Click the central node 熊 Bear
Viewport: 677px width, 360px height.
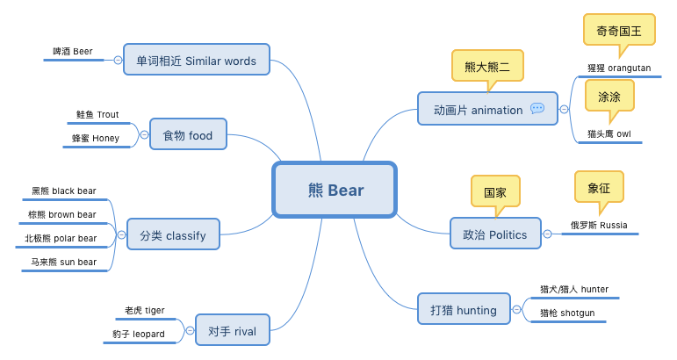pos(335,190)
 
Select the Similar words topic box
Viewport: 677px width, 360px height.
pos(197,60)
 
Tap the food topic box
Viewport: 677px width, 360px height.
pos(188,134)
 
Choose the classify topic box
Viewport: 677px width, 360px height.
pos(173,234)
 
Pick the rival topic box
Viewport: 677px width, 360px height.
pos(233,330)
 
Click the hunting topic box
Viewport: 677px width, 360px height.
pos(464,308)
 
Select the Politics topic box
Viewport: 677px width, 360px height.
pos(495,233)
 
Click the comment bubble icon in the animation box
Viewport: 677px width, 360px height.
pos(537,108)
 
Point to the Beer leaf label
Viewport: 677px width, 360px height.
pos(73,52)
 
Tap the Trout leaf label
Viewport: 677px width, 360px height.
pos(97,114)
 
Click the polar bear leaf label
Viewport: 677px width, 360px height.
pos(61,238)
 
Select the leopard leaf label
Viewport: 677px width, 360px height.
pos(139,335)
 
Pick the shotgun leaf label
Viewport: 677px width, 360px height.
pos(567,313)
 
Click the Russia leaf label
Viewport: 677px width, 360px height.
pos(599,225)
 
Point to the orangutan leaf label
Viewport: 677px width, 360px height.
pos(619,68)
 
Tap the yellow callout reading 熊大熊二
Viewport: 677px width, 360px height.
pos(487,66)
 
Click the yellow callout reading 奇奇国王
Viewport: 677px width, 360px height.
pos(619,30)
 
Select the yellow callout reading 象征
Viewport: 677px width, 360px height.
pos(599,187)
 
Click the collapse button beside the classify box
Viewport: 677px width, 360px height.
pos(122,234)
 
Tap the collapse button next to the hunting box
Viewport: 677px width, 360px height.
pos(516,309)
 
